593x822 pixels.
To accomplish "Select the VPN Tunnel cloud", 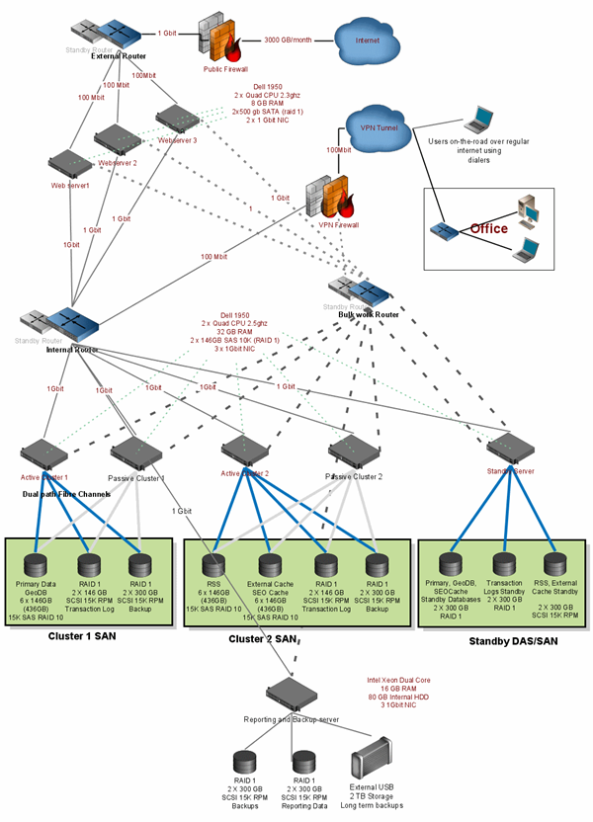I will pos(372,124).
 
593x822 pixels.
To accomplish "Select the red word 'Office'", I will pos(488,228).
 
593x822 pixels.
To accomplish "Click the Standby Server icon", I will pos(510,447).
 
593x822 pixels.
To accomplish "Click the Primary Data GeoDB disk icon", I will pos(37,567).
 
